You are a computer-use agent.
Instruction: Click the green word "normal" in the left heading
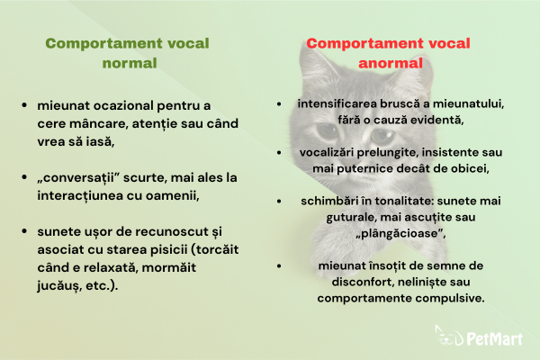point(130,63)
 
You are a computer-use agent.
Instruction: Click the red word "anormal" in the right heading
point(391,63)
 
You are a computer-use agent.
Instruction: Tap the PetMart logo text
point(494,338)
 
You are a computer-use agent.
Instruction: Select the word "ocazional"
point(123,105)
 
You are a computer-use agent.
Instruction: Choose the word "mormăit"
point(169,267)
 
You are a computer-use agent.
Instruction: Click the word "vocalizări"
point(327,152)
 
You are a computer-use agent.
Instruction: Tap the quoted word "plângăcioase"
point(400,233)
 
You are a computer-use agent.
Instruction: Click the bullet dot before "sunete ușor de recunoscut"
point(24,231)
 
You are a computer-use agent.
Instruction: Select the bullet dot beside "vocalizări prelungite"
point(279,152)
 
